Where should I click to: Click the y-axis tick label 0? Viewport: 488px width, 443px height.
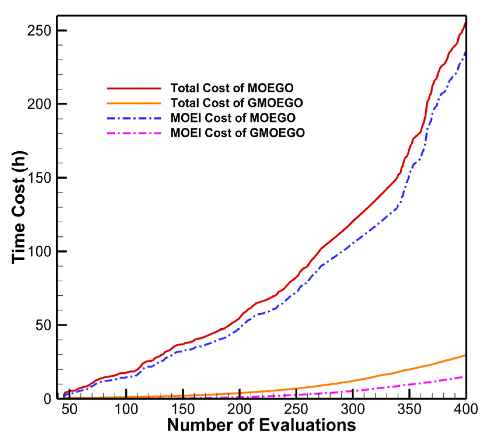pyautogui.click(x=47, y=399)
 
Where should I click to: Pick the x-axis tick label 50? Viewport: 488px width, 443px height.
pyautogui.click(x=69, y=409)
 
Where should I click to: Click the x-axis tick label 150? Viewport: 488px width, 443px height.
pyautogui.click(x=183, y=409)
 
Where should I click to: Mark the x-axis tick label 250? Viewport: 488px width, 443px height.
pyautogui.click(x=296, y=409)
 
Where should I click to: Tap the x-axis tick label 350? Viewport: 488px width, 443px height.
pyautogui.click(x=409, y=409)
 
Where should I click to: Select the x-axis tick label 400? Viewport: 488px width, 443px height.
pyautogui.click(x=466, y=409)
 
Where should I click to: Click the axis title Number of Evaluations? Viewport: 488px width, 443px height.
pyautogui.click(x=262, y=425)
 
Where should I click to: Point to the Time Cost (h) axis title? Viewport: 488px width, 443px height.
pyautogui.click(x=19, y=207)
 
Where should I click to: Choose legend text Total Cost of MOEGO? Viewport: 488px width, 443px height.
pyautogui.click(x=232, y=88)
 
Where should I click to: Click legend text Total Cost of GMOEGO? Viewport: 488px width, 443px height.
pyautogui.click(x=237, y=103)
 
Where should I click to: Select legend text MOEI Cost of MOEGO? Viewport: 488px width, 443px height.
pyautogui.click(x=233, y=118)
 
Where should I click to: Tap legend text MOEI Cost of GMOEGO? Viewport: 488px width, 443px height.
pyautogui.click(x=238, y=133)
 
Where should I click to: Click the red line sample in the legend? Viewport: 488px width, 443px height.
pyautogui.click(x=134, y=88)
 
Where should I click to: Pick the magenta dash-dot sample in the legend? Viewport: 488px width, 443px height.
pyautogui.click(x=134, y=133)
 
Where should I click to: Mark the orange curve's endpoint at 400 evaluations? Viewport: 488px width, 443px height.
pyautogui.click(x=465, y=355)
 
